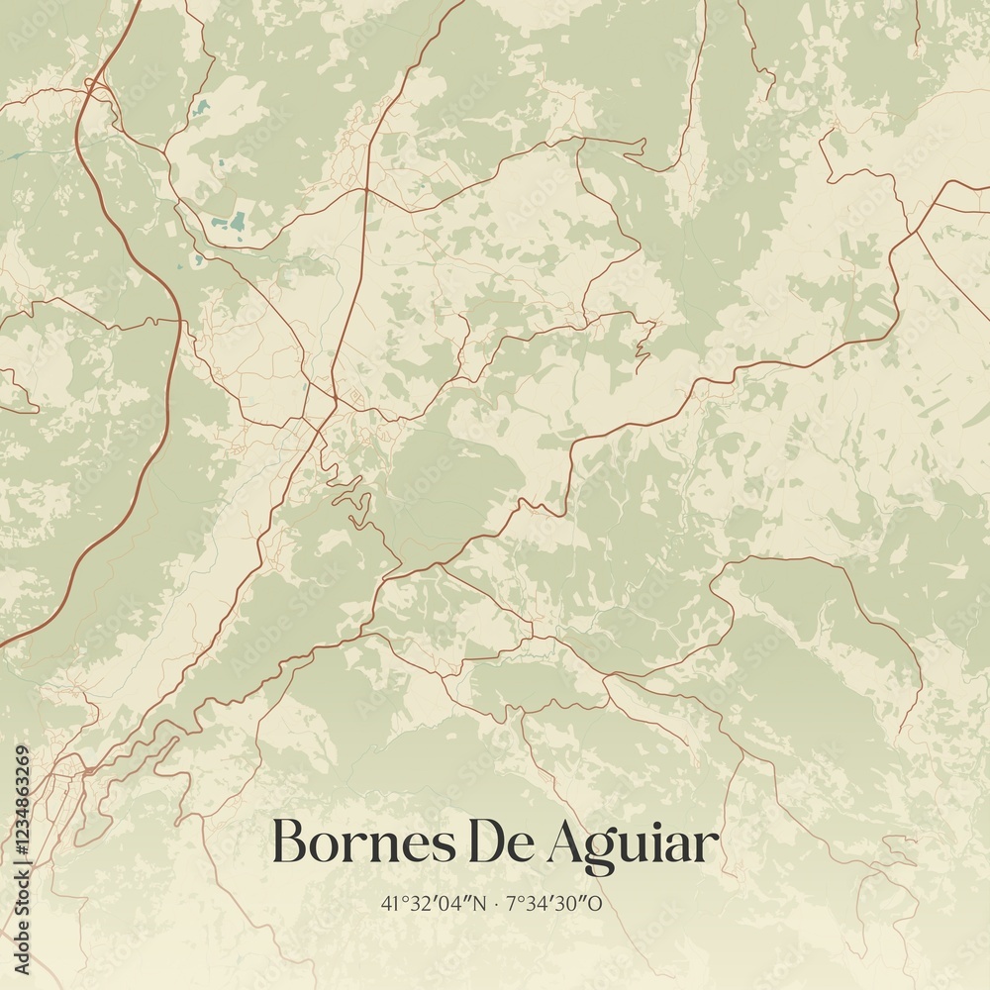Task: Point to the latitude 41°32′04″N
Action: click(x=434, y=904)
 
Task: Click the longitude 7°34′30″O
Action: click(x=555, y=904)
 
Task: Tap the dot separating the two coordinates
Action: click(x=496, y=904)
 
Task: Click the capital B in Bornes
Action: click(x=288, y=843)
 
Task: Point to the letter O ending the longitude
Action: click(x=597, y=904)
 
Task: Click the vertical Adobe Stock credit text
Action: click(x=22, y=921)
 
